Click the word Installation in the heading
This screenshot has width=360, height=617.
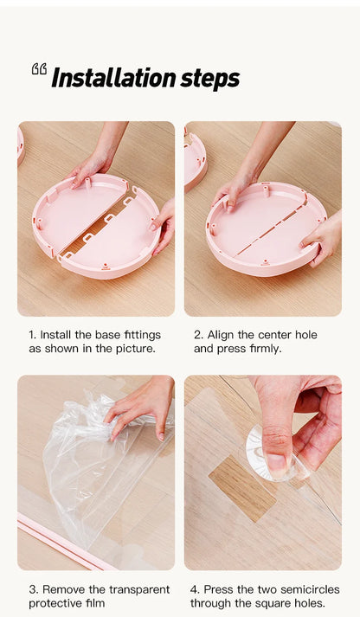[x=113, y=78]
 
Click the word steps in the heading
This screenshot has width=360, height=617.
[x=210, y=79]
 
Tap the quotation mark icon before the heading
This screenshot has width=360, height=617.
[x=39, y=68]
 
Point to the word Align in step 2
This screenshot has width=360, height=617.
[x=221, y=335]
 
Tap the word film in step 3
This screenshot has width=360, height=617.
[x=96, y=603]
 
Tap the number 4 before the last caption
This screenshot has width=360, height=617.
[x=195, y=589]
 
